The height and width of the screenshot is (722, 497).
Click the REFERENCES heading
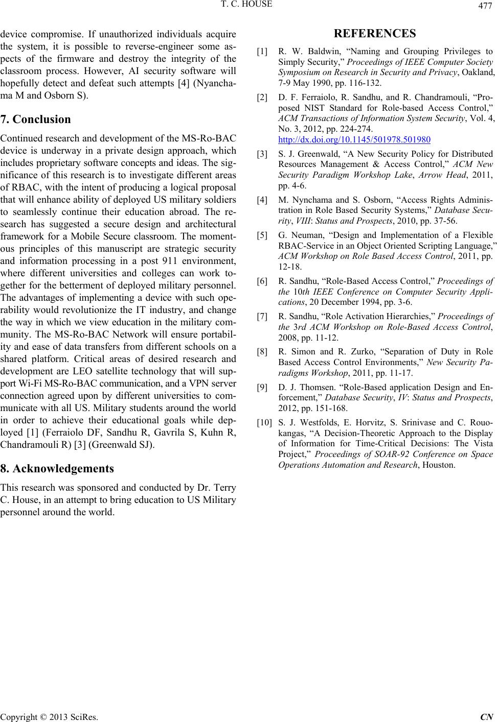tap(375, 35)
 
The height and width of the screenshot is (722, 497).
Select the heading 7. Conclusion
tap(36, 120)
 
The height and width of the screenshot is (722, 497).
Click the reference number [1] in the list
tap(262, 52)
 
